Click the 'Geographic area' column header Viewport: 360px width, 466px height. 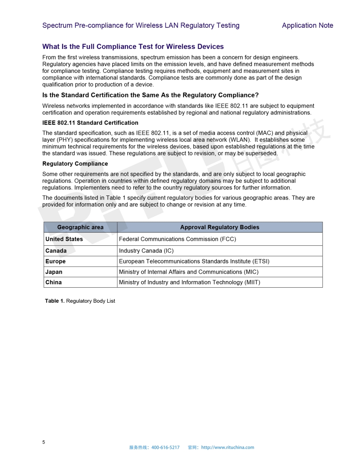point(80,227)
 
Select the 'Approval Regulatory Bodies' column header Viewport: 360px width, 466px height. point(220,227)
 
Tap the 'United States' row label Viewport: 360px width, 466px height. point(64,239)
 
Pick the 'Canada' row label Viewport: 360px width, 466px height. point(56,251)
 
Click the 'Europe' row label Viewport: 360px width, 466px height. point(56,261)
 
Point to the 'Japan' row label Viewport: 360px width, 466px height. point(54,272)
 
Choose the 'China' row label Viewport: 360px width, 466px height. point(53,282)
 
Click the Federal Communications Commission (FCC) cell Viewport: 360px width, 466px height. point(177,239)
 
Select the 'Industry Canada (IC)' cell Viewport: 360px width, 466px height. point(146,251)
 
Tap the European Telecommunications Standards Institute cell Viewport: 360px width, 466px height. point(194,261)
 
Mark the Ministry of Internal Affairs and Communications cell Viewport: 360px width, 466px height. point(189,272)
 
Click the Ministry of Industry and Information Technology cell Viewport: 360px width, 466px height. point(190,282)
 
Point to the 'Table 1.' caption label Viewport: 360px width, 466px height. point(55,301)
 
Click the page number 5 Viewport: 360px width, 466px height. point(44,442)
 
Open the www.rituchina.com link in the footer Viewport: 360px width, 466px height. point(228,447)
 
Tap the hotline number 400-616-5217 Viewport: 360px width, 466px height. point(165,447)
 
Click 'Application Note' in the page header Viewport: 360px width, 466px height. point(307,26)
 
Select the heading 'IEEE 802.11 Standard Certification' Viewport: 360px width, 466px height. point(90,123)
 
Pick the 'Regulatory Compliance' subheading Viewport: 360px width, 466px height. point(75,164)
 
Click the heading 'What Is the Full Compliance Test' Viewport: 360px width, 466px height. point(133,47)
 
